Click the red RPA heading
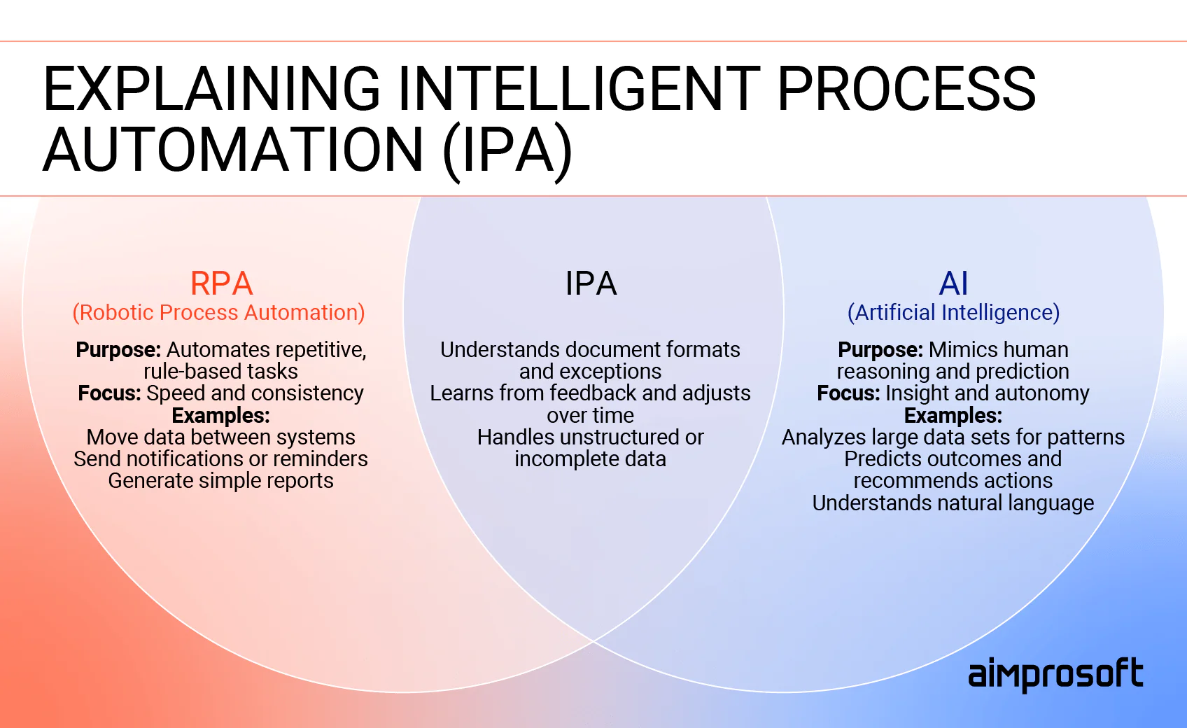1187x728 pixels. pyautogui.click(x=221, y=283)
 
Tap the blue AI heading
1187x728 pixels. pyautogui.click(x=953, y=283)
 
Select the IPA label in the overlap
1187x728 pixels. pyautogui.click(x=591, y=283)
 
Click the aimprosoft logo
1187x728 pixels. pyautogui.click(x=1055, y=675)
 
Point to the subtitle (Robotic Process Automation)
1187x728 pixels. pyautogui.click(x=219, y=313)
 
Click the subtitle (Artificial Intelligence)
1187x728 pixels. pyautogui.click(x=953, y=313)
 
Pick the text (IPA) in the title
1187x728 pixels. pyautogui.click(x=507, y=150)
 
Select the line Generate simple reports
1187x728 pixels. pyautogui.click(x=220, y=481)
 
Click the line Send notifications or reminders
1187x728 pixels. pyautogui.click(x=220, y=459)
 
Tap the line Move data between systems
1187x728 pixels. pyautogui.click(x=220, y=437)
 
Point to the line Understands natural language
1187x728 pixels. pyautogui.click(x=953, y=503)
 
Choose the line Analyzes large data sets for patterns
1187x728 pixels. pyautogui.click(x=953, y=437)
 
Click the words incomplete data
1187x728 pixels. pyautogui.click(x=590, y=459)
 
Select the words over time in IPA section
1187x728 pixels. pyautogui.click(x=590, y=416)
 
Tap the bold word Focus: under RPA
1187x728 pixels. pyautogui.click(x=109, y=393)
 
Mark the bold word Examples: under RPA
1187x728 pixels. pyautogui.click(x=220, y=416)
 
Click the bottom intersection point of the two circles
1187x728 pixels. pyautogui.click(x=593, y=640)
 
